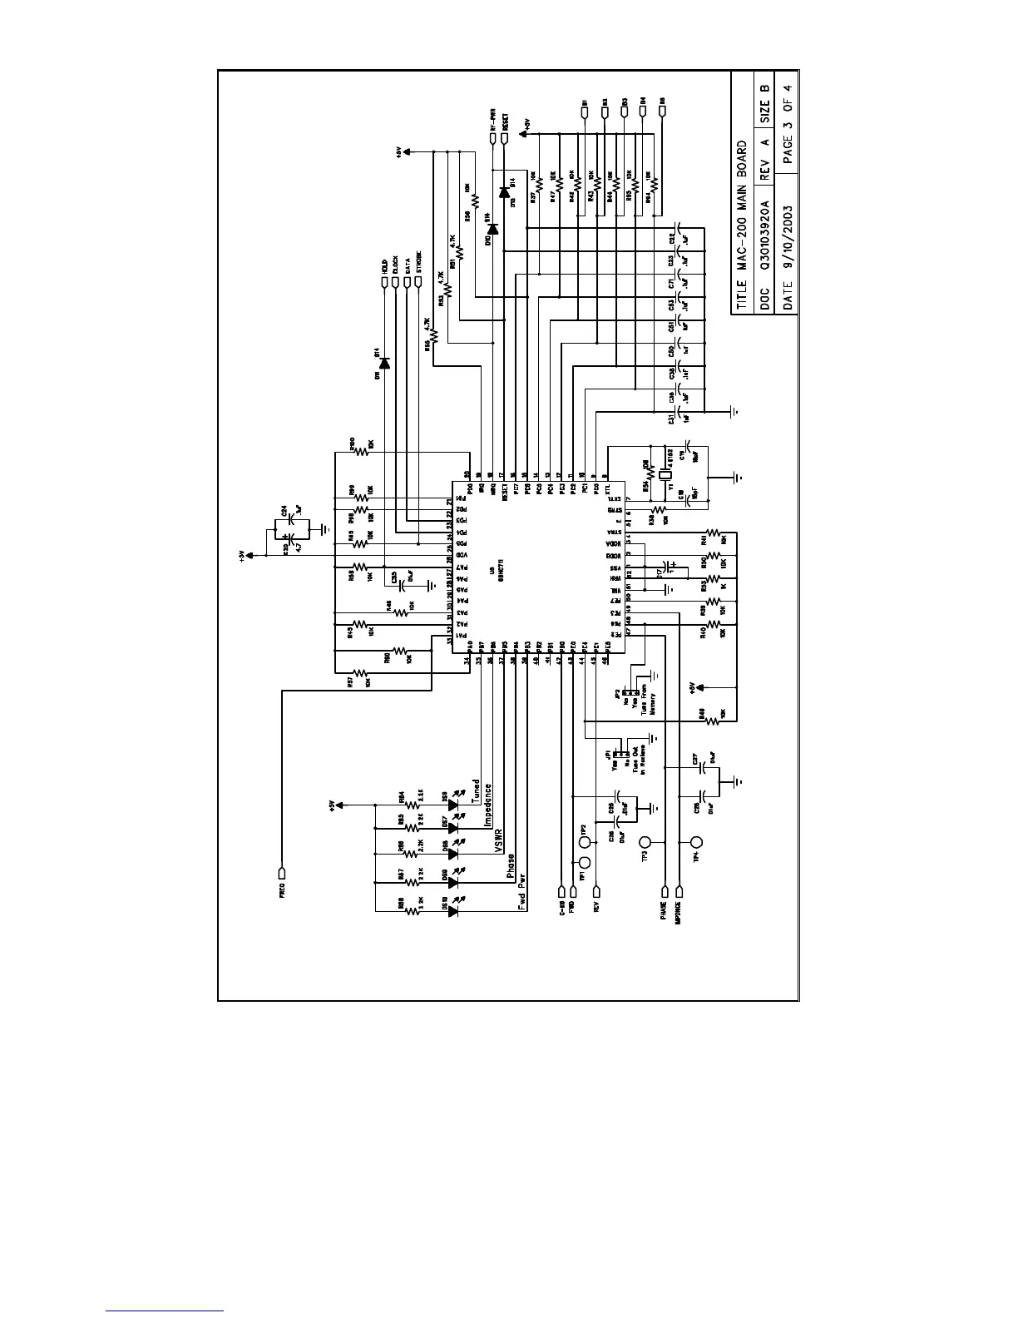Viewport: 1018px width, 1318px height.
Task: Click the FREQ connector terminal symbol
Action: [x=282, y=874]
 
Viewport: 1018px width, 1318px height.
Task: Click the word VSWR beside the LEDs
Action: [x=498, y=841]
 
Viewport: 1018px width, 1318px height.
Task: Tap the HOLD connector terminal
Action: [x=385, y=281]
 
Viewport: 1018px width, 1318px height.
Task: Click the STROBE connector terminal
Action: [x=418, y=281]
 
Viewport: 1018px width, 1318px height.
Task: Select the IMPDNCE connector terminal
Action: [x=679, y=893]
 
